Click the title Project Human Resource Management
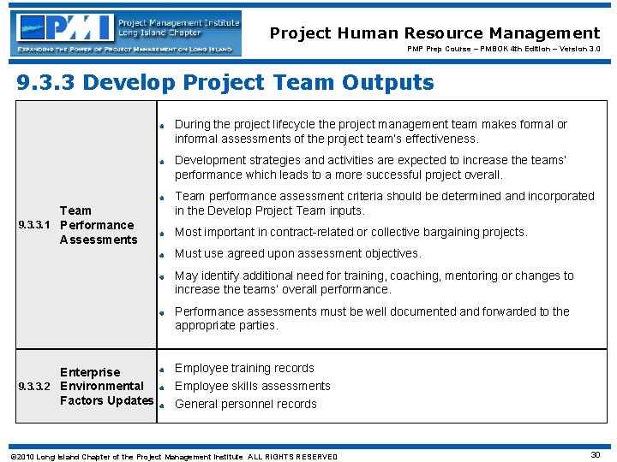(x=434, y=33)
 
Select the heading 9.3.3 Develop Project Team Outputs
(x=226, y=83)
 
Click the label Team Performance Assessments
(x=98, y=225)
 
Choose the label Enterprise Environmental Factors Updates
(x=106, y=387)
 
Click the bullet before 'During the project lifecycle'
(x=161, y=125)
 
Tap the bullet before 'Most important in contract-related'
(x=161, y=232)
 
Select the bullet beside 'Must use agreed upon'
(x=161, y=254)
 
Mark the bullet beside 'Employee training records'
(x=161, y=369)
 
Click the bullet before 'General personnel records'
(x=161, y=405)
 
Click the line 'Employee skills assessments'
(x=252, y=386)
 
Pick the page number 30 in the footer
(x=595, y=455)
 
